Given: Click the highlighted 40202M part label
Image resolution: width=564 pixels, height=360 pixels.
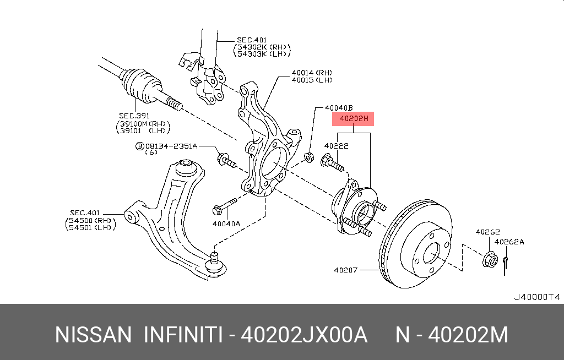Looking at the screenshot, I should [x=352, y=119].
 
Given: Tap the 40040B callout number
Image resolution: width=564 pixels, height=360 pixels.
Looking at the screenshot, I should [x=338, y=108].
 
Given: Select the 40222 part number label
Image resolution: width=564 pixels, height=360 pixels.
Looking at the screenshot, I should [x=336, y=146].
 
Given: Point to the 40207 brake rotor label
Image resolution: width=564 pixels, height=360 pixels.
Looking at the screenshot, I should [x=346, y=270].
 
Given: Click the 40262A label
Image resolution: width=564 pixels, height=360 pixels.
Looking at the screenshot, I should [x=509, y=242].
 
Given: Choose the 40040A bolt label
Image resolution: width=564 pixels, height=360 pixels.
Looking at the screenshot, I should [x=226, y=224].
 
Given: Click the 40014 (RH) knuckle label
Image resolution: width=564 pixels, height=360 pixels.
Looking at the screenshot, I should [x=312, y=73].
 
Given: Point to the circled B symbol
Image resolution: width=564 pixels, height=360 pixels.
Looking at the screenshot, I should [x=140, y=146].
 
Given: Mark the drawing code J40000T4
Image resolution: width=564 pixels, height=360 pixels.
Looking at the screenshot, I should [x=536, y=297].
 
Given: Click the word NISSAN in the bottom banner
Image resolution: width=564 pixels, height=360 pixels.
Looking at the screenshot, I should [x=94, y=335].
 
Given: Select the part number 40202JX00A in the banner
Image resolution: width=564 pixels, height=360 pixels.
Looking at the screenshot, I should [x=305, y=335].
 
